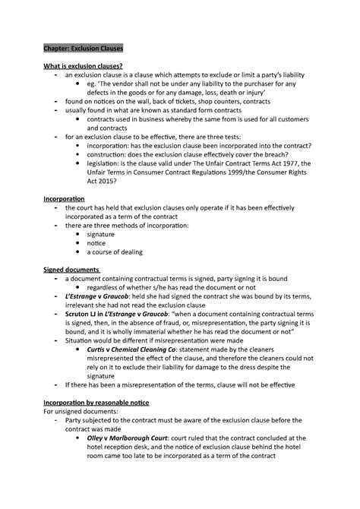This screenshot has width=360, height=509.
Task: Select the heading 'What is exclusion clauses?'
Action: [83, 67]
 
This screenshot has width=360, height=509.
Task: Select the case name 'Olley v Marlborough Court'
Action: [134, 438]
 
